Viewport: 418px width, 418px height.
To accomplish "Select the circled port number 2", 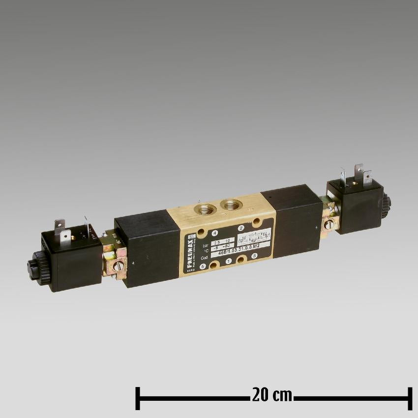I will click(241, 228).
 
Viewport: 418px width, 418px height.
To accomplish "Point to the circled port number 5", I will click(203, 267).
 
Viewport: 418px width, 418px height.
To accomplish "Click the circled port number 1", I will click(228, 262).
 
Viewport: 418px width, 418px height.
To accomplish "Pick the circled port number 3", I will click(254, 256).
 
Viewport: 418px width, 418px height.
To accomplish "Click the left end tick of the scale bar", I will click(138, 398).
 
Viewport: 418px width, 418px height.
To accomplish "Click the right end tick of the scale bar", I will click(409, 398).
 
